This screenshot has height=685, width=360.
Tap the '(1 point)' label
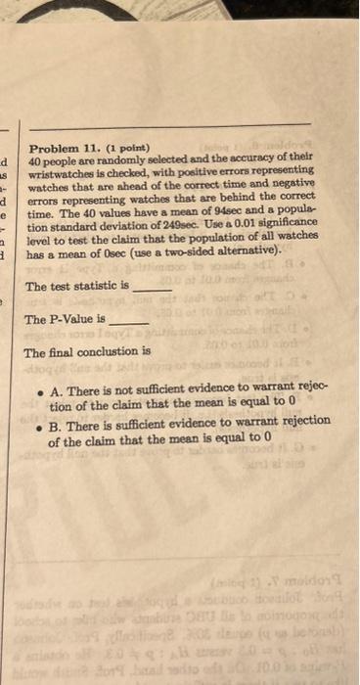[x=125, y=147]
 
